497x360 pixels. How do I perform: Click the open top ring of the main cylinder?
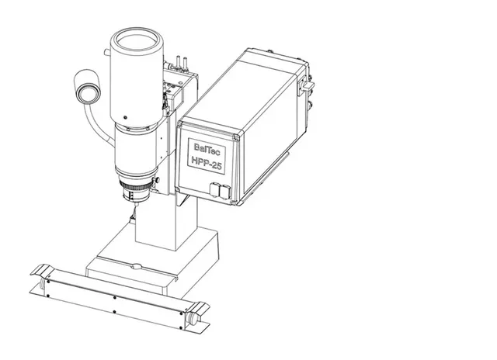point(137,41)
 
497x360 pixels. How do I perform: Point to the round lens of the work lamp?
point(87,93)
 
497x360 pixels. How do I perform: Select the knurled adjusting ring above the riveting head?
point(134,186)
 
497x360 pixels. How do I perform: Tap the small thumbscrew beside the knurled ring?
point(157,180)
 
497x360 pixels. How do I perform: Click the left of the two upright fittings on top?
point(178,61)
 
